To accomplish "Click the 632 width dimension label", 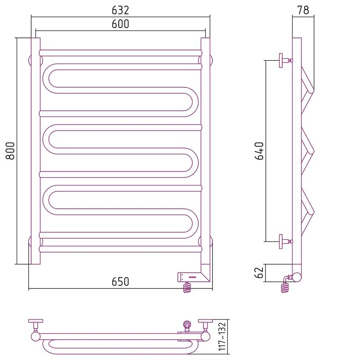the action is pos(120,10).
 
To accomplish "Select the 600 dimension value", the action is pos(120,24).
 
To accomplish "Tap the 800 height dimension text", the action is pos(10,151).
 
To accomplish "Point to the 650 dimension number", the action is pos(120,282).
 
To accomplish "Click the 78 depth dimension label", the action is pos(303,10).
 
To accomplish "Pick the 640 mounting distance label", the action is pos(260,151).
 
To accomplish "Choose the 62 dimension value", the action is pos(260,273).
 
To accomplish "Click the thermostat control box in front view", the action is pos(189,277).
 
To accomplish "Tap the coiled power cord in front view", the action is pos(187,288).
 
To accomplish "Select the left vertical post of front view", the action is pos(36,151).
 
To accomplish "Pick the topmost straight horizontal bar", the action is pos(121,53).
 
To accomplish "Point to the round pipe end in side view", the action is pos(297,277).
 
